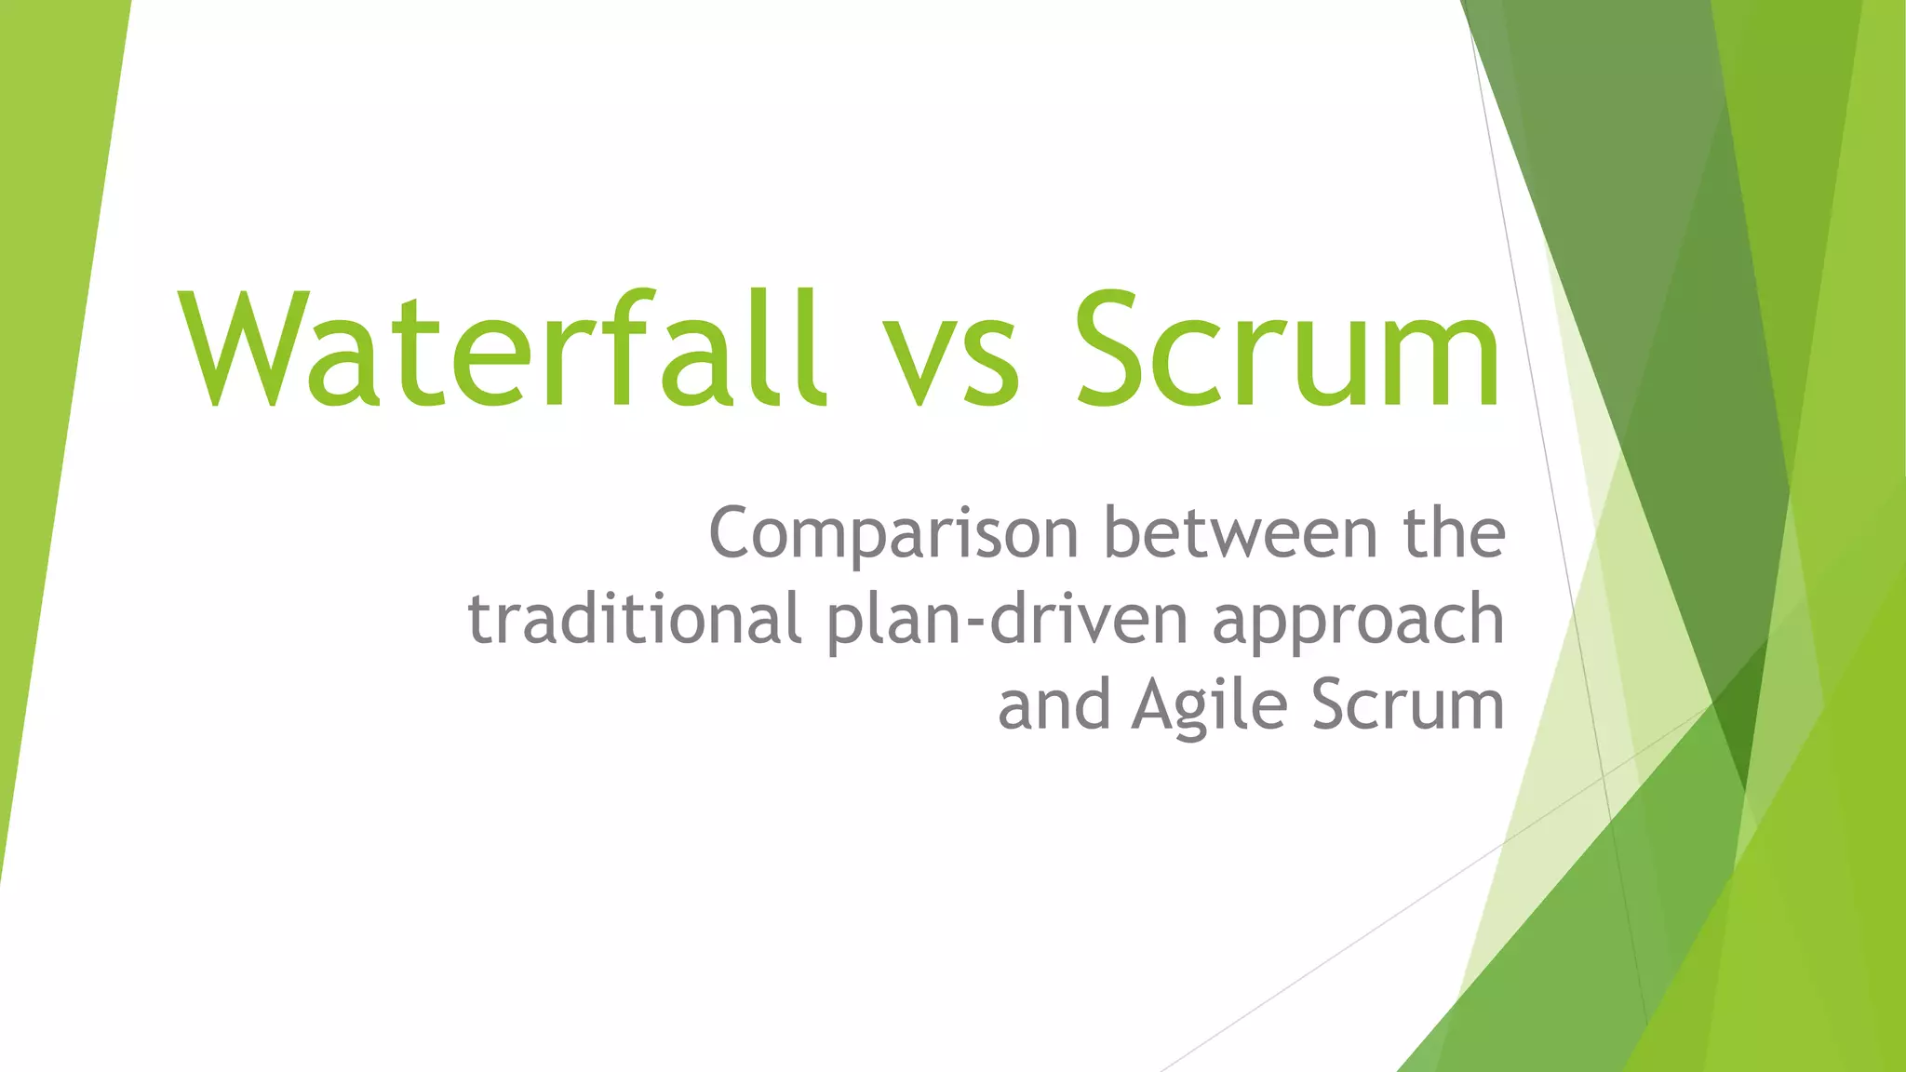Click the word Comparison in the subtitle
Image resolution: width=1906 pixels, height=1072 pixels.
(894, 533)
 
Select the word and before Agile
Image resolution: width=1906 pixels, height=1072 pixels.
(1054, 704)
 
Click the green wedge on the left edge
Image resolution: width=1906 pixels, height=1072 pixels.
(47, 372)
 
